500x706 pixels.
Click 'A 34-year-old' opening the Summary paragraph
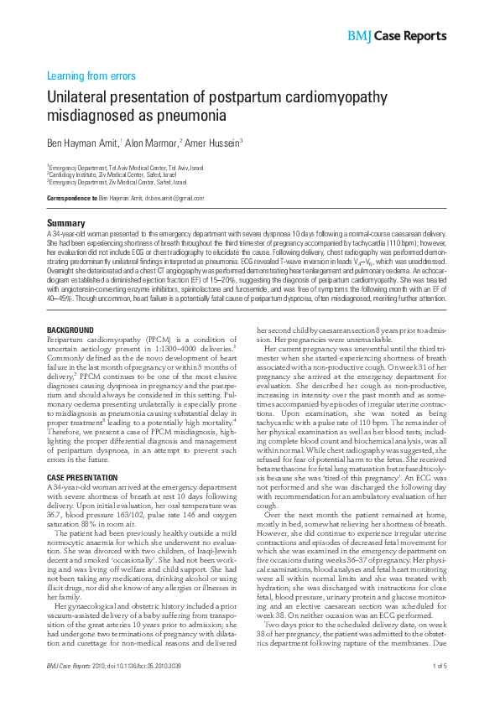pyautogui.click(x=65, y=232)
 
